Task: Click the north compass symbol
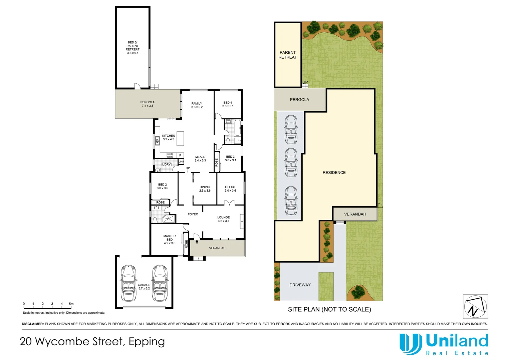[475, 306]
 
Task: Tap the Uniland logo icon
[409, 344]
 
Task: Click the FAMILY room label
[197, 103]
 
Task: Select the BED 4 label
[228, 103]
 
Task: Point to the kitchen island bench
[180, 138]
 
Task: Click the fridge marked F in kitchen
[180, 155]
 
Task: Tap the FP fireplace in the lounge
[242, 221]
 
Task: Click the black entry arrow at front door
[197, 241]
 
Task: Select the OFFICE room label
[230, 187]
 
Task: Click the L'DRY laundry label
[166, 164]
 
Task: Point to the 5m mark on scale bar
[71, 304]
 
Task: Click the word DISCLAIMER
[33, 324]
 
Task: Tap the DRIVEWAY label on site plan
[300, 285]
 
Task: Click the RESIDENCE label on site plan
[334, 173]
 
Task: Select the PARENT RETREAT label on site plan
[288, 55]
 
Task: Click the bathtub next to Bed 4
[237, 128]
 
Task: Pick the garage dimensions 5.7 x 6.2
[144, 288]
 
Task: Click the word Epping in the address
[147, 342]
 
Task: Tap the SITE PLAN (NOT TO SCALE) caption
[329, 309]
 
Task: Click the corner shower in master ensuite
[169, 219]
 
